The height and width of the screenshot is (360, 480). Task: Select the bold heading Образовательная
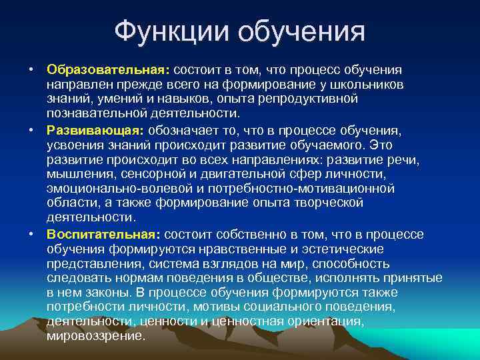(x=107, y=70)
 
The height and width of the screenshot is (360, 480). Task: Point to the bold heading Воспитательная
(x=102, y=234)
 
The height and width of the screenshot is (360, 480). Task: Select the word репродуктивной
(x=313, y=99)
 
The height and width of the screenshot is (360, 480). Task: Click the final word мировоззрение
(x=95, y=336)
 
